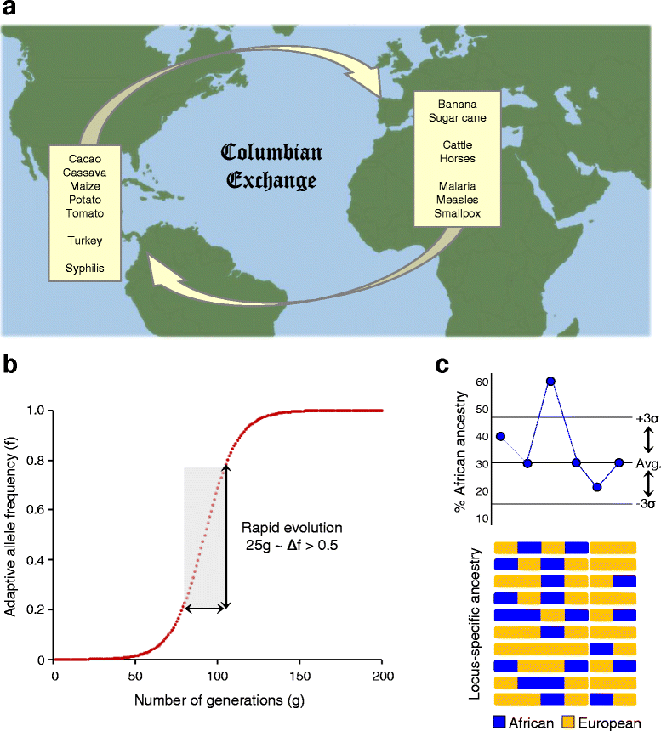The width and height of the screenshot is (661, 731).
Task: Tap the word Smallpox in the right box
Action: [x=456, y=213]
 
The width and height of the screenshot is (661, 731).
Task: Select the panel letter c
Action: [x=443, y=366]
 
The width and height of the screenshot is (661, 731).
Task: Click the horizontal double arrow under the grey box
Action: [x=205, y=608]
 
